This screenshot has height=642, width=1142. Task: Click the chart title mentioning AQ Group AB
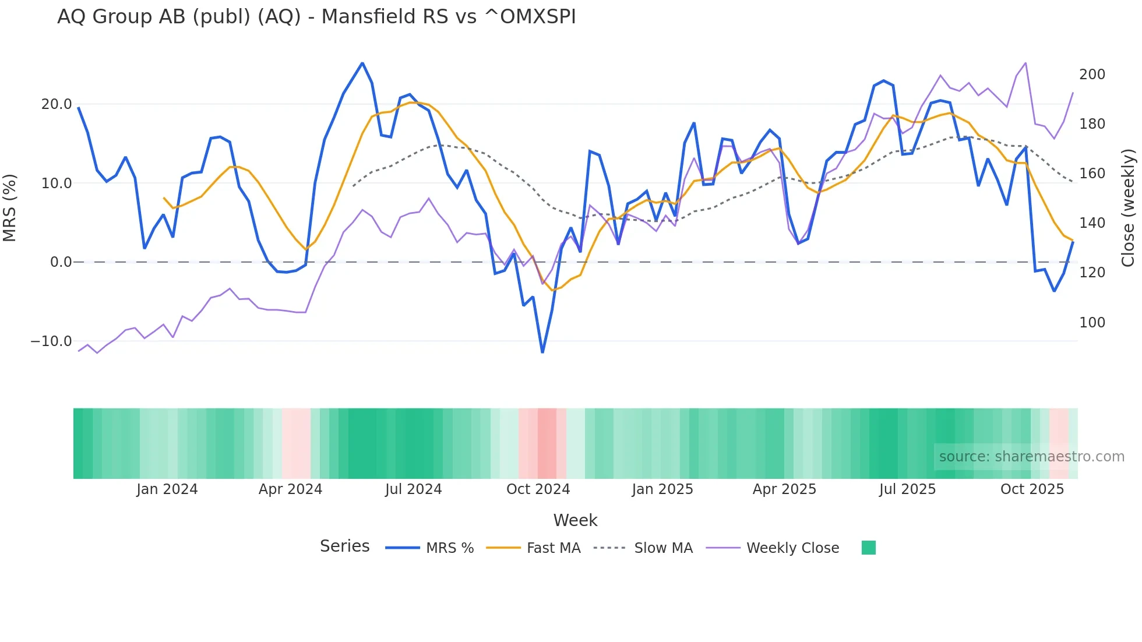[x=316, y=17]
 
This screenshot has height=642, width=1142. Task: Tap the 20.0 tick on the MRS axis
[x=57, y=104]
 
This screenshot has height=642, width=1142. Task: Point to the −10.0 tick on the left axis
[x=51, y=341]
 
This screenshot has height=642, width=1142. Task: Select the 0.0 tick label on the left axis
[x=61, y=262]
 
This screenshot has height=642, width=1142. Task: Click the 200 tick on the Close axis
[x=1092, y=75]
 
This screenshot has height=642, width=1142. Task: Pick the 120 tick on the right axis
[x=1092, y=273]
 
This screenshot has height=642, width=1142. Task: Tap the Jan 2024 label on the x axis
[x=167, y=489]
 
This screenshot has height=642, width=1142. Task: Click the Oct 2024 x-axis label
[x=538, y=489]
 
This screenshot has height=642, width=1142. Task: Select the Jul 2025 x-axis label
[x=907, y=489]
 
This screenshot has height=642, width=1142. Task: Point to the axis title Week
[x=575, y=520]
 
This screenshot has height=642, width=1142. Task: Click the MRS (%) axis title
[x=10, y=207]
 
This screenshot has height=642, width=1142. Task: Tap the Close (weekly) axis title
[x=1129, y=207]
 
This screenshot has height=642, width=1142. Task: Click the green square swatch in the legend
[x=868, y=548]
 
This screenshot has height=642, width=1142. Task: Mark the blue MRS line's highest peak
[x=362, y=64]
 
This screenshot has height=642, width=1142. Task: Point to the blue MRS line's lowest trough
[x=542, y=352]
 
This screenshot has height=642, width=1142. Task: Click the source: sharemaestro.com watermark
[x=1031, y=457]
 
